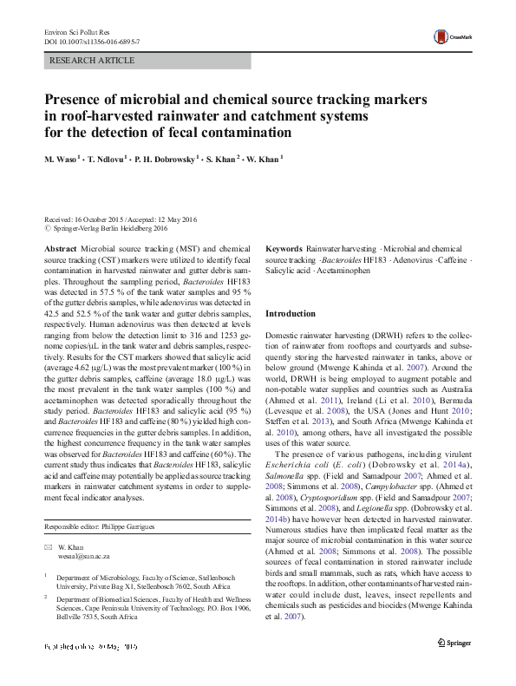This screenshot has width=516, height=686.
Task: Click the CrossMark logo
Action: pyautogui.click(x=450, y=36)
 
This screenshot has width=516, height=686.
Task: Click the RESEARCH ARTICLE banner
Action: pyautogui.click(x=93, y=61)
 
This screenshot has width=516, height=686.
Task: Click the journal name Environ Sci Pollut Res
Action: pyautogui.click(x=77, y=31)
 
